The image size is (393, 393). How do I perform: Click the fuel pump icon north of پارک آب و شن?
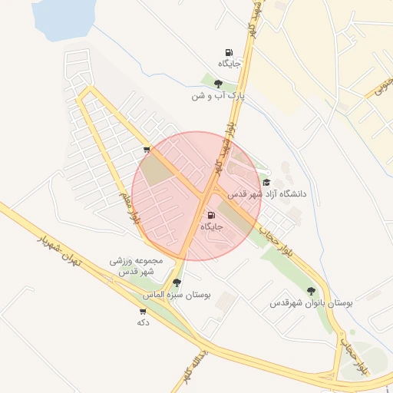[x=229, y=52]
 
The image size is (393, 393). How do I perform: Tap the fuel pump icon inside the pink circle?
[x=211, y=216]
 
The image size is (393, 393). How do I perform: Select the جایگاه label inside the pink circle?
[x=211, y=227]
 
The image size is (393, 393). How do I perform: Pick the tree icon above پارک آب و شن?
[x=219, y=84]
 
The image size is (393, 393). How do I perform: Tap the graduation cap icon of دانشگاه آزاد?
[x=266, y=183]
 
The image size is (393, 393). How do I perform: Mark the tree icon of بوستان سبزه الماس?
[x=177, y=282]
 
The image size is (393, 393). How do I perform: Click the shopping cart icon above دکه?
[x=142, y=311]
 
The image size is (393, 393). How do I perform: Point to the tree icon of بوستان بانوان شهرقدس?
[x=310, y=291]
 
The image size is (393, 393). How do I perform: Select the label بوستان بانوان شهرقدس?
[x=310, y=303]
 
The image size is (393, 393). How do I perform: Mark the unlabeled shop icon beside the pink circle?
[x=147, y=150]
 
